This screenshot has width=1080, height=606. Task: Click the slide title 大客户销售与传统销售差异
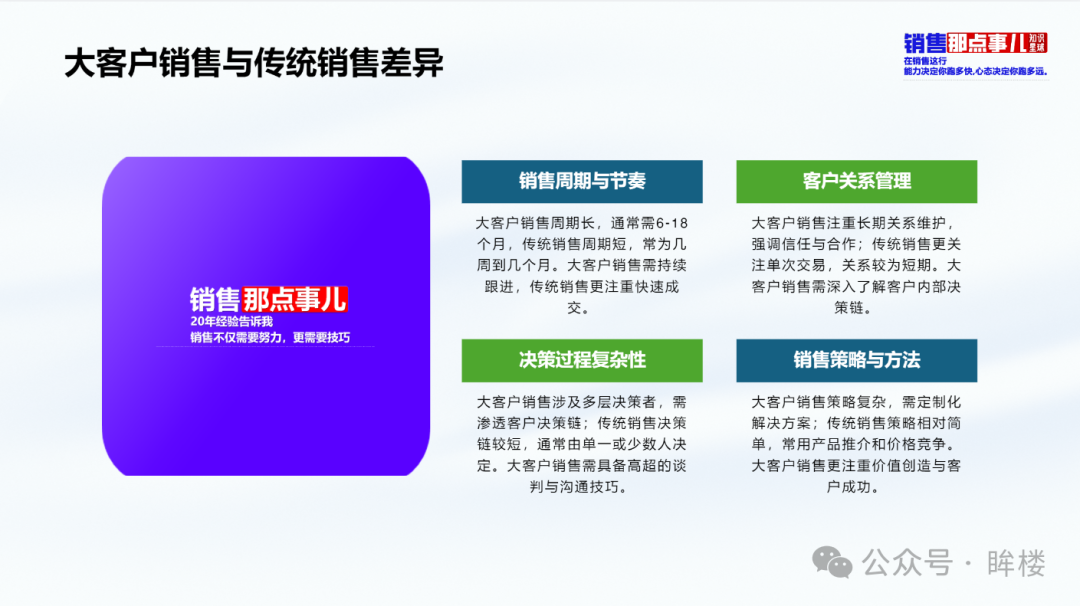(x=253, y=63)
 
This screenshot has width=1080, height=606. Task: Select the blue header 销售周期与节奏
(x=582, y=182)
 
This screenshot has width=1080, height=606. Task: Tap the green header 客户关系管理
(x=856, y=182)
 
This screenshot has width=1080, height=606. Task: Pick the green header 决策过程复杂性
(x=582, y=360)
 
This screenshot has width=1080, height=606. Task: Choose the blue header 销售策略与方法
(x=856, y=360)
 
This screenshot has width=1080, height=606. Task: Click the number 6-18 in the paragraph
(x=672, y=223)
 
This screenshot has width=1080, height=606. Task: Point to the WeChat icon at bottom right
(x=832, y=563)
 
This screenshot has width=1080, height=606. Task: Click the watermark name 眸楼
(x=1016, y=563)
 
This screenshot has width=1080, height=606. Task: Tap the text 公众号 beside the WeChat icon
(x=908, y=563)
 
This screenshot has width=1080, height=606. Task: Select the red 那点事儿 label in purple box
(x=294, y=300)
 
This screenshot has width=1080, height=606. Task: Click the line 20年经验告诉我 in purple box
(x=231, y=322)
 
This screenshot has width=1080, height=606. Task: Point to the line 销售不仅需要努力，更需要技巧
(x=270, y=337)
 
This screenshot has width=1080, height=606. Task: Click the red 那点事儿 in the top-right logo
(x=987, y=43)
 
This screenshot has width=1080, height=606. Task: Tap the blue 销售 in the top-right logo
(x=925, y=43)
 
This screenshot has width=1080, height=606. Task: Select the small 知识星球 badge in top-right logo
(x=1037, y=43)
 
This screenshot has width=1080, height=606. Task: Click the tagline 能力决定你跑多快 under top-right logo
(x=937, y=71)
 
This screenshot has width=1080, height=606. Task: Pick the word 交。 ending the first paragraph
(x=578, y=308)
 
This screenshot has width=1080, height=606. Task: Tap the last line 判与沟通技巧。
(x=578, y=487)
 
